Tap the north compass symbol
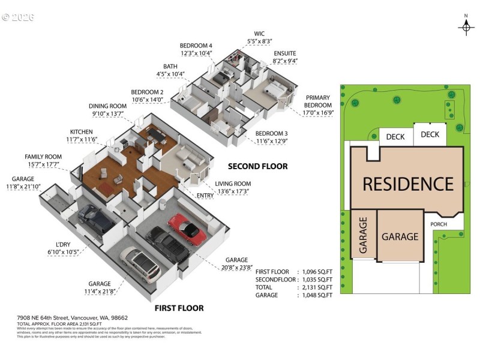[466, 27]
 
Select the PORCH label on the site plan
[439, 224]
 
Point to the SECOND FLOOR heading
[258, 166]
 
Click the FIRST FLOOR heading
[179, 308]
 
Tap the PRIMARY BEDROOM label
[318, 101]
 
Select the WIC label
[260, 34]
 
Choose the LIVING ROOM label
[233, 184]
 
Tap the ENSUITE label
[285, 53]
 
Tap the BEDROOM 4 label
[196, 46]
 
